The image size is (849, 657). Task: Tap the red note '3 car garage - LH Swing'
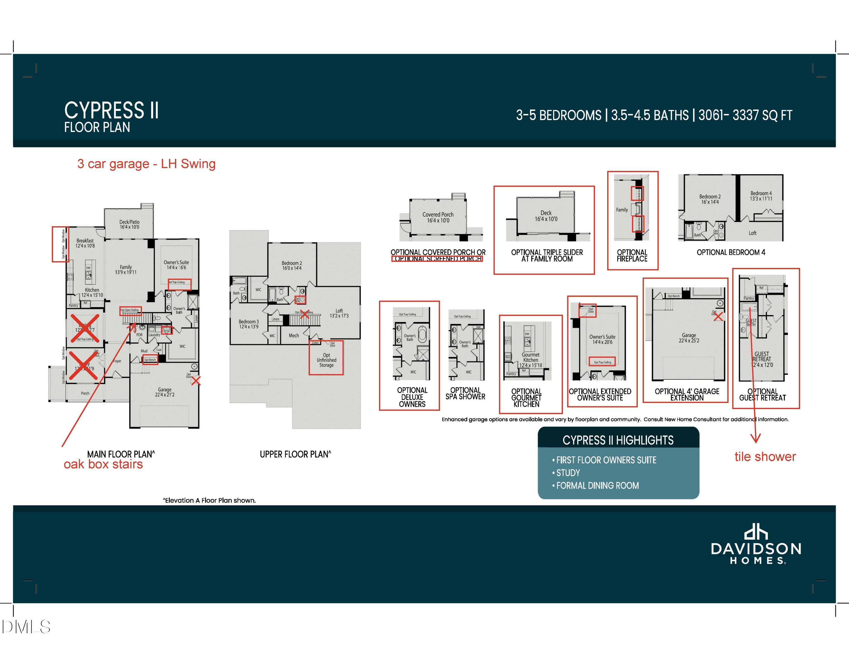[146, 164]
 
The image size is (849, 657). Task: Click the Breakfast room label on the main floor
[85, 243]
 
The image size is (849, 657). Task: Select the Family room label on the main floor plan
[126, 269]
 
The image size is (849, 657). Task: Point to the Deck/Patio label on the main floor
[129, 224]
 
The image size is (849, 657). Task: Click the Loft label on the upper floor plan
[339, 313]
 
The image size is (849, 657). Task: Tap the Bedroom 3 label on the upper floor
[248, 324]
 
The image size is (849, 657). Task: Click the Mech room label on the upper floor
[293, 336]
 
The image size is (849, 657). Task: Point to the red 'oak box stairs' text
[103, 464]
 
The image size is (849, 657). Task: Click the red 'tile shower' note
[765, 457]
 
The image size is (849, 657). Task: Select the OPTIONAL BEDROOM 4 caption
[730, 252]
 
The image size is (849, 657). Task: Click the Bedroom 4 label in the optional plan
[761, 196]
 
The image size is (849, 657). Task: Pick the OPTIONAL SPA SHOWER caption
[465, 393]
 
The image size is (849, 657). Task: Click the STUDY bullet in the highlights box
[568, 473]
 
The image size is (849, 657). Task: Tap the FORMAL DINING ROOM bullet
[597, 486]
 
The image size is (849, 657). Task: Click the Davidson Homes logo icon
[755, 532]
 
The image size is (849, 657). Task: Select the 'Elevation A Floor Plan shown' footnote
[209, 500]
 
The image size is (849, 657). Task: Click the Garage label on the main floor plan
[164, 392]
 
